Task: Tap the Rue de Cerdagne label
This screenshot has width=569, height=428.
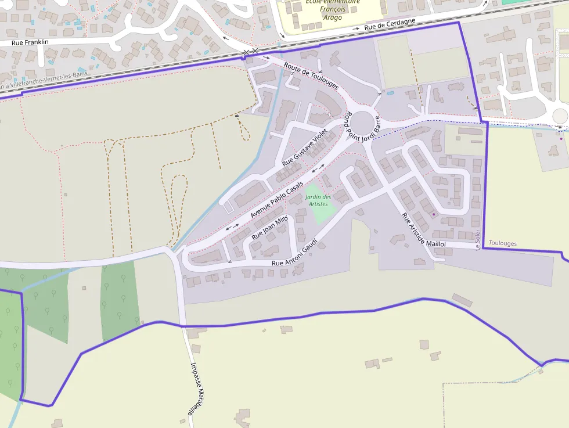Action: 390,25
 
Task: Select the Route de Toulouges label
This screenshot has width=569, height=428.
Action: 311,76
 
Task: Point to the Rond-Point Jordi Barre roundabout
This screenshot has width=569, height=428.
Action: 364,123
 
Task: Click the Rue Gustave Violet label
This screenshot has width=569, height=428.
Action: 305,148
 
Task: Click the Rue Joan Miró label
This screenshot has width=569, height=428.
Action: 270,228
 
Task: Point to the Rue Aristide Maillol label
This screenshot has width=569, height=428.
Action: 423,230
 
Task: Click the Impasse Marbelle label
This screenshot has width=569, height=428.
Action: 198,389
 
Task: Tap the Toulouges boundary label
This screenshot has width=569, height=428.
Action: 503,243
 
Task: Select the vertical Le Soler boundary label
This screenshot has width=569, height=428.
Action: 477,239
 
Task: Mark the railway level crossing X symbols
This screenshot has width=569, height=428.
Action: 250,53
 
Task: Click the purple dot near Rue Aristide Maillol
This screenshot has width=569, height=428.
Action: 433,214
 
